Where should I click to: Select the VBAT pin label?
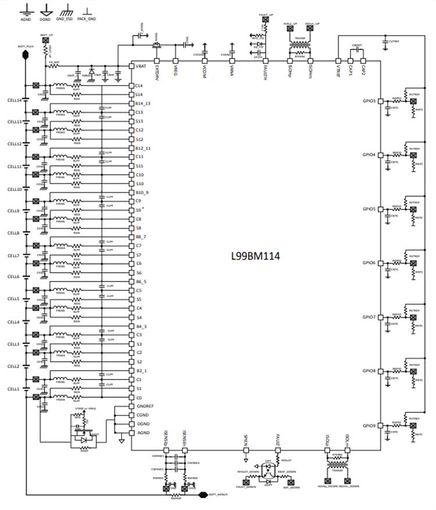[141, 67]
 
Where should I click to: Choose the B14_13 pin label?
[143, 103]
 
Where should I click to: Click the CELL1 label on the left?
[13, 388]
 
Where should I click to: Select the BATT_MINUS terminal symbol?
[203, 495]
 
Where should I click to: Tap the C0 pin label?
[139, 397]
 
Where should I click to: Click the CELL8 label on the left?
[13, 233]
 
